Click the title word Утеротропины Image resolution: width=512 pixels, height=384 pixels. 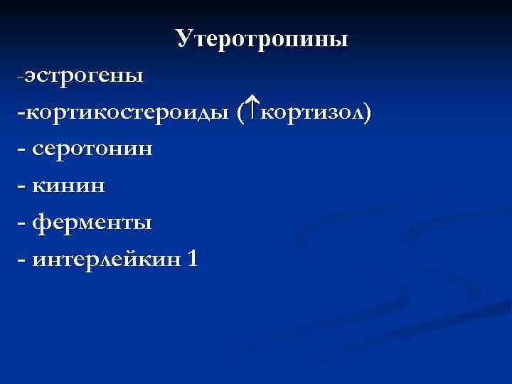tap(262, 40)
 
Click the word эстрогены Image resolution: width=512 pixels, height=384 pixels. tap(84, 76)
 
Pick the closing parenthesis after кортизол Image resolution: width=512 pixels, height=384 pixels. tap(367, 114)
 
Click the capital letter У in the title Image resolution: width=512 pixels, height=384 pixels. tap(185, 40)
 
